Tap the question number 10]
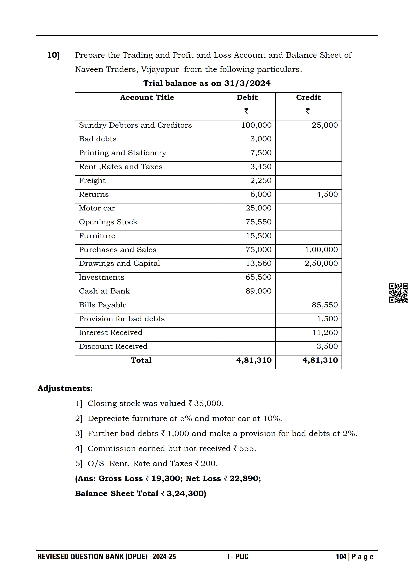pyautogui.click(x=53, y=55)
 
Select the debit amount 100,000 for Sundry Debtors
pyautogui.click(x=256, y=125)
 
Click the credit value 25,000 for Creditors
pyautogui.click(x=324, y=125)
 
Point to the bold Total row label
pyautogui.click(x=141, y=360)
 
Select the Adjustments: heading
pyautogui.click(x=65, y=388)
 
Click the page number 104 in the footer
pyautogui.click(x=341, y=557)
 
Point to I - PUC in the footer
pyautogui.click(x=238, y=557)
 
